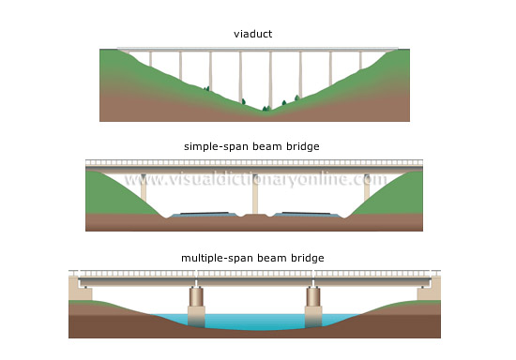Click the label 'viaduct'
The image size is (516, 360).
click(x=254, y=35)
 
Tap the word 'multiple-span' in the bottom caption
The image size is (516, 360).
click(x=213, y=257)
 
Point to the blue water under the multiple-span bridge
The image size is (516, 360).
click(x=253, y=322)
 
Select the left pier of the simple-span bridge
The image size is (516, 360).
click(x=144, y=191)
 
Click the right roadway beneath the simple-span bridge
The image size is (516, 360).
click(x=305, y=215)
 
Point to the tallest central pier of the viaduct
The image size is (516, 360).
click(x=270, y=80)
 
